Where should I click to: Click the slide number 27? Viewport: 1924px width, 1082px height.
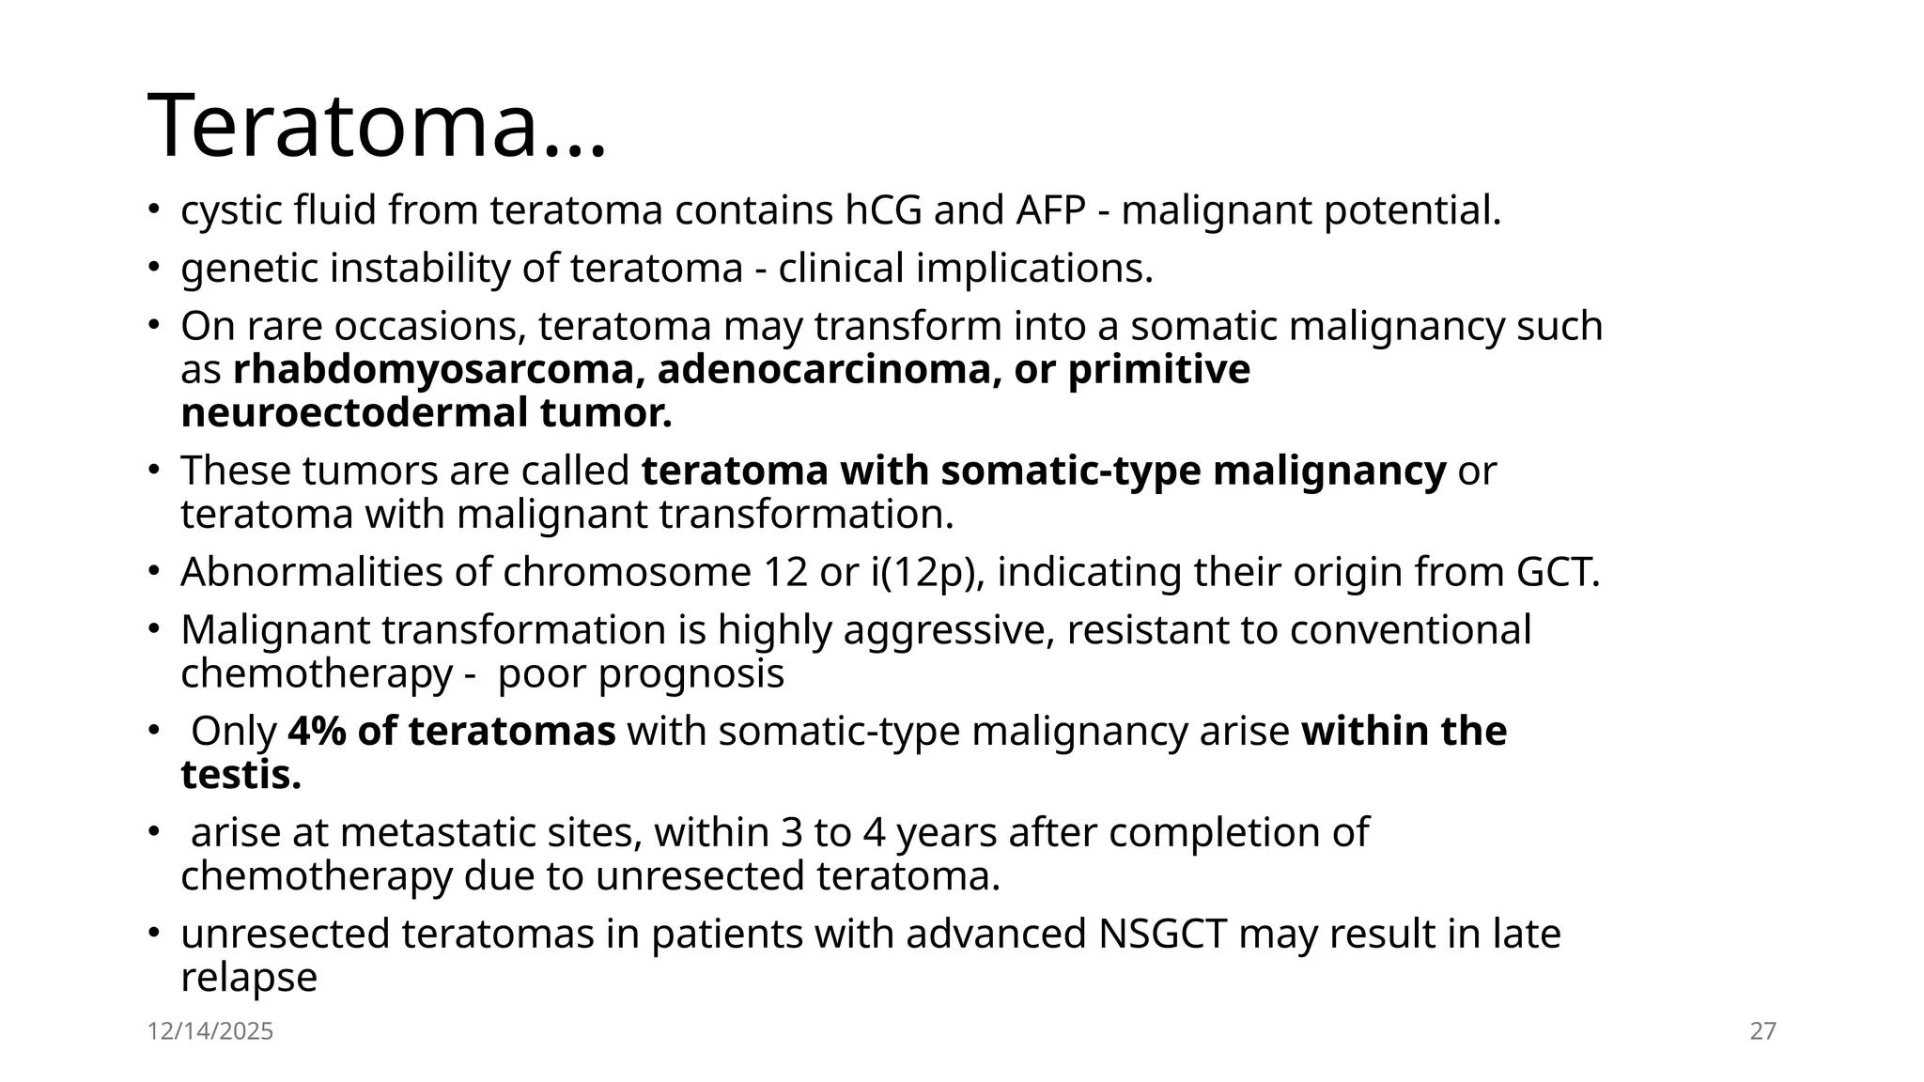[1762, 1031]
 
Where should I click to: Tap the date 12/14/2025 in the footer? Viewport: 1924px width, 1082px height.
[210, 1031]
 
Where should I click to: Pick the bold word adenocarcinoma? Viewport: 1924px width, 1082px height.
[824, 369]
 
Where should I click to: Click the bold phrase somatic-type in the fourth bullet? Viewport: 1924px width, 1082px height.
[1070, 471]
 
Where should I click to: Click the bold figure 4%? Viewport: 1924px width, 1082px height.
[317, 732]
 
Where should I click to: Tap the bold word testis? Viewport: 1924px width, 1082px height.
[240, 775]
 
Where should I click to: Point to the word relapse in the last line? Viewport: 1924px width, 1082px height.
[249, 978]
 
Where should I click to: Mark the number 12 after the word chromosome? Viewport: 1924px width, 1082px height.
[785, 572]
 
